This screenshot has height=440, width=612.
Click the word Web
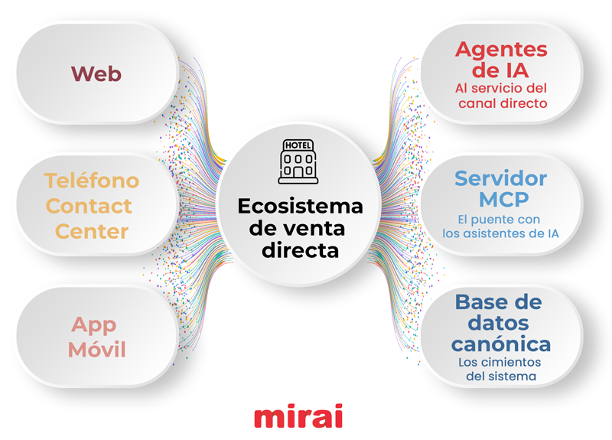click(96, 74)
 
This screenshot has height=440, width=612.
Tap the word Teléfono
click(92, 181)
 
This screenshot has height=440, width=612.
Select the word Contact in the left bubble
click(89, 206)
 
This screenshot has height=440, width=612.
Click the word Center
click(91, 231)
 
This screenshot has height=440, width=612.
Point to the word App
click(93, 324)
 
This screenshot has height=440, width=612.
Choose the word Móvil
click(96, 350)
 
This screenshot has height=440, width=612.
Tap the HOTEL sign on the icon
click(298, 145)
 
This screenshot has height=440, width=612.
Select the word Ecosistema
click(300, 207)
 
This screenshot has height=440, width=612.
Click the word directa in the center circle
click(300, 249)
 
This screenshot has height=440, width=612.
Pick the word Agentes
click(501, 50)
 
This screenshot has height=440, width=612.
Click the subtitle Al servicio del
click(501, 89)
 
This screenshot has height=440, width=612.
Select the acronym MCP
click(501, 200)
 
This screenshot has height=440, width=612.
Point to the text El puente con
click(501, 220)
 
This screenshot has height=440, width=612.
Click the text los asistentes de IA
click(501, 234)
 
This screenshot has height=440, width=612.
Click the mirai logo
click(298, 417)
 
